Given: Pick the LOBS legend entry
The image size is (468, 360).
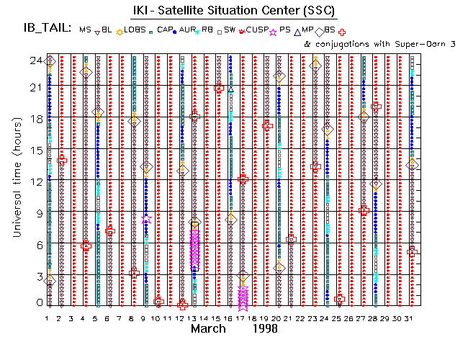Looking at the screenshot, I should coord(134,30).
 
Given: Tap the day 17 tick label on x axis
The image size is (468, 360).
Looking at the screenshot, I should coord(243,317).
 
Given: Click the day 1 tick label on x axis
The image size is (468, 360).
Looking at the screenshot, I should coord(48,317).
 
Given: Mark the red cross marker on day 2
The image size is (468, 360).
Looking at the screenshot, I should coord(62,159).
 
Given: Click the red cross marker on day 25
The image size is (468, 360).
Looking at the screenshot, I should coord(339,299).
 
